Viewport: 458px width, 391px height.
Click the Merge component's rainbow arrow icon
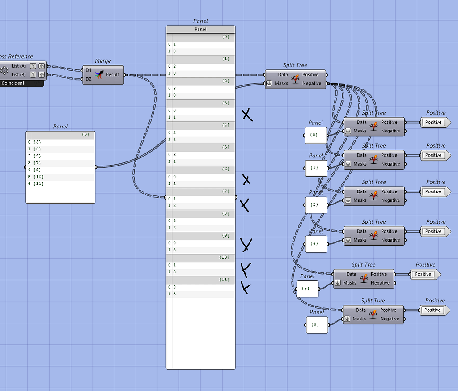tap(99, 75)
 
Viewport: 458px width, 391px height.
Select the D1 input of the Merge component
tap(88, 70)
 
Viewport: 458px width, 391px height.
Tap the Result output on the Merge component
tap(113, 75)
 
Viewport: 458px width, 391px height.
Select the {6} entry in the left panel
tap(37, 149)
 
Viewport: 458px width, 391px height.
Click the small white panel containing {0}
tap(316, 135)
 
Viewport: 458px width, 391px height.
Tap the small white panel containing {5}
tap(307, 289)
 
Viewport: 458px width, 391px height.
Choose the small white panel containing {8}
tap(317, 324)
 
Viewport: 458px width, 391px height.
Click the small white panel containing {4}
tap(316, 244)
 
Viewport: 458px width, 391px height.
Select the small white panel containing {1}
tap(316, 168)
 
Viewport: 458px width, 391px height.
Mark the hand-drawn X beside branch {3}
tap(247, 115)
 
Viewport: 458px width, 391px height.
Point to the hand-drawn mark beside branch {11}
tap(245, 287)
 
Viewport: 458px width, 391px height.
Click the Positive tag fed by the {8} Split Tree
tap(433, 310)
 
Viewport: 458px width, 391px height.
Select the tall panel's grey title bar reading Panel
tap(200, 29)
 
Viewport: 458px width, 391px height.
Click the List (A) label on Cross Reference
tap(19, 66)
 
